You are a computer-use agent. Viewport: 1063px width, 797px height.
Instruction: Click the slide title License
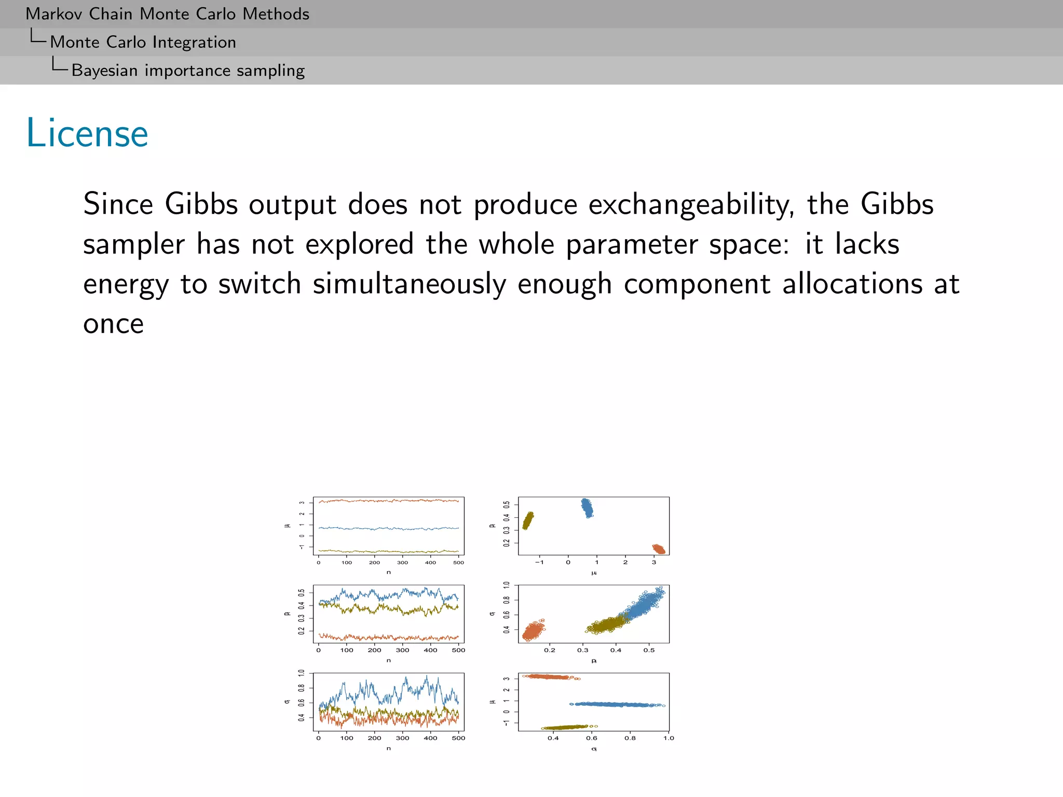tap(87, 133)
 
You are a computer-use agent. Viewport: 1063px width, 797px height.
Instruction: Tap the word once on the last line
tap(113, 324)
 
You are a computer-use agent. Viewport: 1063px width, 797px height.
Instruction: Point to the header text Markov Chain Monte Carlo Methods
tap(167, 14)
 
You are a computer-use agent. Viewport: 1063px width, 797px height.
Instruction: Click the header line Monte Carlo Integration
tap(143, 42)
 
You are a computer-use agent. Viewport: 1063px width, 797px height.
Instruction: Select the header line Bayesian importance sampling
tap(188, 71)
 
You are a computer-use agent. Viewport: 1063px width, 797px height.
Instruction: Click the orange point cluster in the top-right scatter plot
tap(658, 549)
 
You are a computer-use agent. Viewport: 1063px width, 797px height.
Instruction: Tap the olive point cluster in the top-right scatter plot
tap(528, 520)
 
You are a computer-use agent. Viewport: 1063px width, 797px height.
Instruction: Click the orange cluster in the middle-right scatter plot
tap(534, 630)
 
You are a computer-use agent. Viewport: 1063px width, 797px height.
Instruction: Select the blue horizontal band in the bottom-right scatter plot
tap(615, 704)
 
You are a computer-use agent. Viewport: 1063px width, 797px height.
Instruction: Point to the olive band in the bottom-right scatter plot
tap(568, 727)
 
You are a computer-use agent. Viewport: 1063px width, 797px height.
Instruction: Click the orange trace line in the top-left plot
tap(388, 501)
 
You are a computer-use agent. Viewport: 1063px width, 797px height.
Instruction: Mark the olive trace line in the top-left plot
tap(388, 551)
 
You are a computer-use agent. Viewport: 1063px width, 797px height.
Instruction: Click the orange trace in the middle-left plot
tap(388, 637)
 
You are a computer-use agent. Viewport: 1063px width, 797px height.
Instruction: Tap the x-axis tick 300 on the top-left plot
tap(402, 562)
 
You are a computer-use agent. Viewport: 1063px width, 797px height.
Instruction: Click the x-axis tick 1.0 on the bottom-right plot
tap(669, 738)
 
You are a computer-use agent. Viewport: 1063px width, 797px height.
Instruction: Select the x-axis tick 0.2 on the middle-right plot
tap(550, 650)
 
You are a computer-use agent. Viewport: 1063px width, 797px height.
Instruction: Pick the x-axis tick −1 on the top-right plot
tap(539, 562)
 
